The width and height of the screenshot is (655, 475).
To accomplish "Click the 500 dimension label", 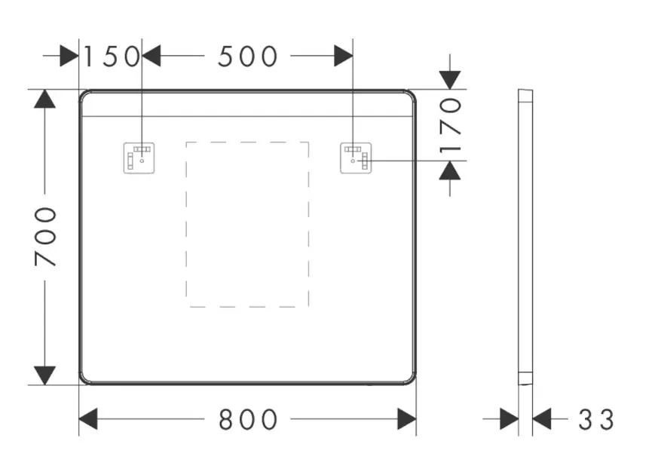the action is coord(247,57).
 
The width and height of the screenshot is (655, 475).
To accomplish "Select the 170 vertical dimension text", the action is coord(450,125).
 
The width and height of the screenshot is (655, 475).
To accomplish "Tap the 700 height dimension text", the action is coord(45,237).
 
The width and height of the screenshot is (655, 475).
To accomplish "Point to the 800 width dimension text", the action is coord(248,419).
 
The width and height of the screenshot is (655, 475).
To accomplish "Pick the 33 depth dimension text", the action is coord(596,419).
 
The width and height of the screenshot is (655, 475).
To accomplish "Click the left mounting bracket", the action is coord(139,158).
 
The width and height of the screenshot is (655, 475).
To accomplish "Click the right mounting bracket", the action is coord(356,158).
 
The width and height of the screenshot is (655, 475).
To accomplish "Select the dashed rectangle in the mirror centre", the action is coord(186,225).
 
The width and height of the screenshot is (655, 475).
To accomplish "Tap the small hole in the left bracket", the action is coord(142,161).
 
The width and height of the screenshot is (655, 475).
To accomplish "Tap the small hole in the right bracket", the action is coord(353,161).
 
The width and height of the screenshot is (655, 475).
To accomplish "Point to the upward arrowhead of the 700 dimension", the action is coord(44,99).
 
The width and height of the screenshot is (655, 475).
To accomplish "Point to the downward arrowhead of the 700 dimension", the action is coord(44,375).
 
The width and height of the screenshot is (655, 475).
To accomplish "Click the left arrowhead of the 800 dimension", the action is coord(88,418).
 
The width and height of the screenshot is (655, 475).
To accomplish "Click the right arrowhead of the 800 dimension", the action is coord(407,418).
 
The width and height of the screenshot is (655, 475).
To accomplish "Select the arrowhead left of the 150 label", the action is coord(69,56).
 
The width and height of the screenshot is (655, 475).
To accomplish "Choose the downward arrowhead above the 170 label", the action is coord(450,80).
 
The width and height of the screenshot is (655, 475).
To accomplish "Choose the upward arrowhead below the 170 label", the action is coord(450,170).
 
